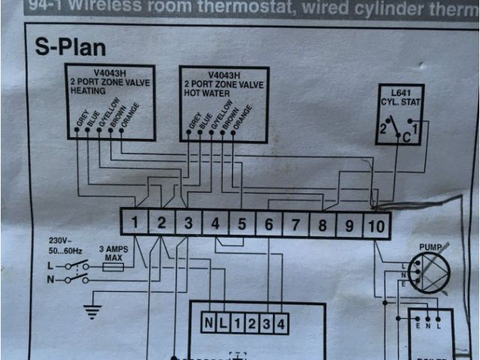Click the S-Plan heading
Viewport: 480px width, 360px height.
pos(72,46)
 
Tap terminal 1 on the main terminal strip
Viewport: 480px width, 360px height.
pos(133,223)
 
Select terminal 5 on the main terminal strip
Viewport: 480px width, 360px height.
pos(241,223)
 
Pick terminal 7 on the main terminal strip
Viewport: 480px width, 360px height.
pos(295,223)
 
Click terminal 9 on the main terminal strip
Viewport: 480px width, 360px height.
pos(349,223)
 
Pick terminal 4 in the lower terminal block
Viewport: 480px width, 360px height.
pos(280,323)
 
